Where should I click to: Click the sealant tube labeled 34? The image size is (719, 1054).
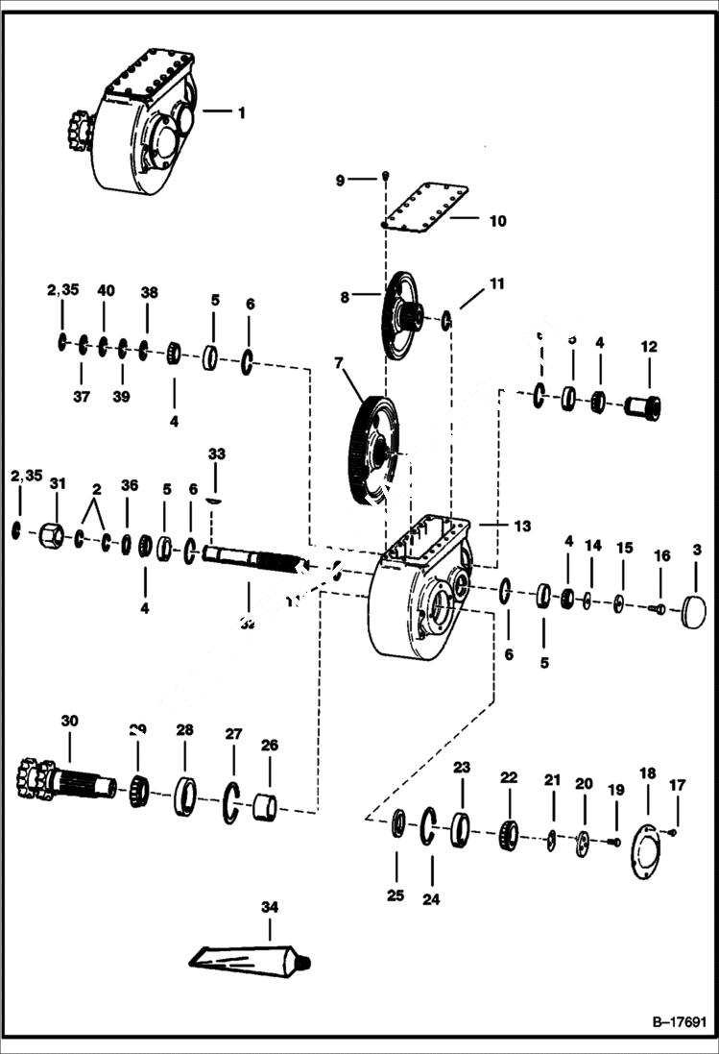pos(251,957)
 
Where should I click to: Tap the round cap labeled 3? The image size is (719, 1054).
pos(692,612)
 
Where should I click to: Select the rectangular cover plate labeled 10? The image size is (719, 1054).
pos(425,207)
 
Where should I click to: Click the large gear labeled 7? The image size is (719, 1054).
pos(375,449)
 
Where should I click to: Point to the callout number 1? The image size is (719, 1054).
pos(241,112)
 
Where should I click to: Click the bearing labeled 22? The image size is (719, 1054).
pos(509,835)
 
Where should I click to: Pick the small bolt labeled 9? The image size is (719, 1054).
pos(384,176)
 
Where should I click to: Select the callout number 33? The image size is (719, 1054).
pos(216,453)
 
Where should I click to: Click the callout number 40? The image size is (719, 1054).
pos(106,290)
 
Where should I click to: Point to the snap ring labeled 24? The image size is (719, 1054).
pos(431,826)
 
